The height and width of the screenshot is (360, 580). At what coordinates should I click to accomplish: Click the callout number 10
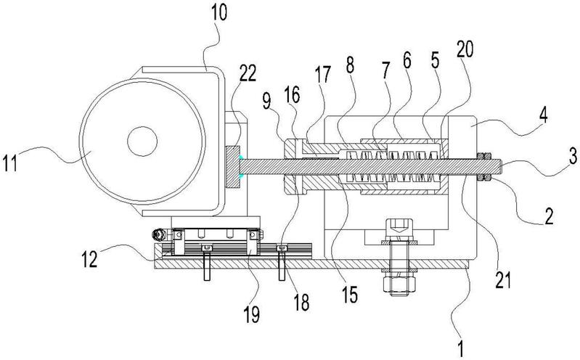tap(219, 13)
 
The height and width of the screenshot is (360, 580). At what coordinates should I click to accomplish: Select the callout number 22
tap(248, 73)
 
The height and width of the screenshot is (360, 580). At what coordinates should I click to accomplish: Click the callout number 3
tap(573, 156)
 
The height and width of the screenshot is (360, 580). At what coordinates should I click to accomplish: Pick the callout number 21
tap(503, 279)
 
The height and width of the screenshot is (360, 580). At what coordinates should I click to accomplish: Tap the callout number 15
tap(350, 295)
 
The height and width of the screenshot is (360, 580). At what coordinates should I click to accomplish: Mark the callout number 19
tap(252, 314)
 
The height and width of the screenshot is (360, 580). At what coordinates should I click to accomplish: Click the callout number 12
tap(89, 259)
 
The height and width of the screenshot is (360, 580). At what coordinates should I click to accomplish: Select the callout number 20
tap(465, 49)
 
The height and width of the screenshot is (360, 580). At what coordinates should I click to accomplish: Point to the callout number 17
tap(323, 74)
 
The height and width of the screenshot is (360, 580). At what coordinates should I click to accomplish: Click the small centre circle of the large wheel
tap(142, 141)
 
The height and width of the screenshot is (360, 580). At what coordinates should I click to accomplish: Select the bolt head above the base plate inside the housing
tap(399, 230)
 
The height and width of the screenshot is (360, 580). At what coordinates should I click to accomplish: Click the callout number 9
tap(266, 101)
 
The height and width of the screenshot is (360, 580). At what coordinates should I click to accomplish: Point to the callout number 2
tap(549, 216)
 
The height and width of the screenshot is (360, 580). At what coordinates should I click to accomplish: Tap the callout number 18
tap(301, 302)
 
